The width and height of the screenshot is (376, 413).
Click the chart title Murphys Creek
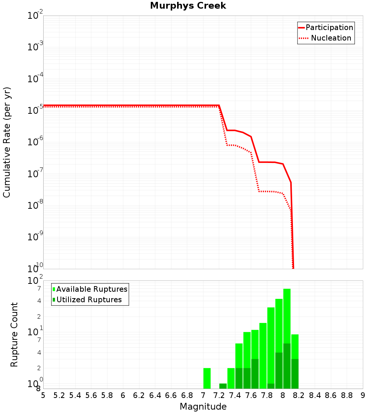pos(188,6)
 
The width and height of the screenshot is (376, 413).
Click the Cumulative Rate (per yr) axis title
pos(7,142)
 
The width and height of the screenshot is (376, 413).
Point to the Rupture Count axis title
pos(14,335)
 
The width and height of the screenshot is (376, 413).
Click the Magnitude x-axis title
pos(203,407)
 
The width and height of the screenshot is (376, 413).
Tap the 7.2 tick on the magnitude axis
pos(219,395)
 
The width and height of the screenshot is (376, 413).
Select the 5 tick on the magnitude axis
pos(43,395)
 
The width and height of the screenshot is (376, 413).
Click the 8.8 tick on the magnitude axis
pos(347,395)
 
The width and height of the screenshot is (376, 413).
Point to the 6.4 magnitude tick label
pos(155,395)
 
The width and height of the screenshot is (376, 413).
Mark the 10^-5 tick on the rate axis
pos(35,110)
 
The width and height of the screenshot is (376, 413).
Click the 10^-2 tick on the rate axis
pos(35,16)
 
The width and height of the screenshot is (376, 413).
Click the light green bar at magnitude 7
pos(207,378)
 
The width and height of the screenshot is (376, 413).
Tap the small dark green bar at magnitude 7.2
pos(223,386)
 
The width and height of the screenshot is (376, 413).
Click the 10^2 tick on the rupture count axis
pos(35,281)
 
